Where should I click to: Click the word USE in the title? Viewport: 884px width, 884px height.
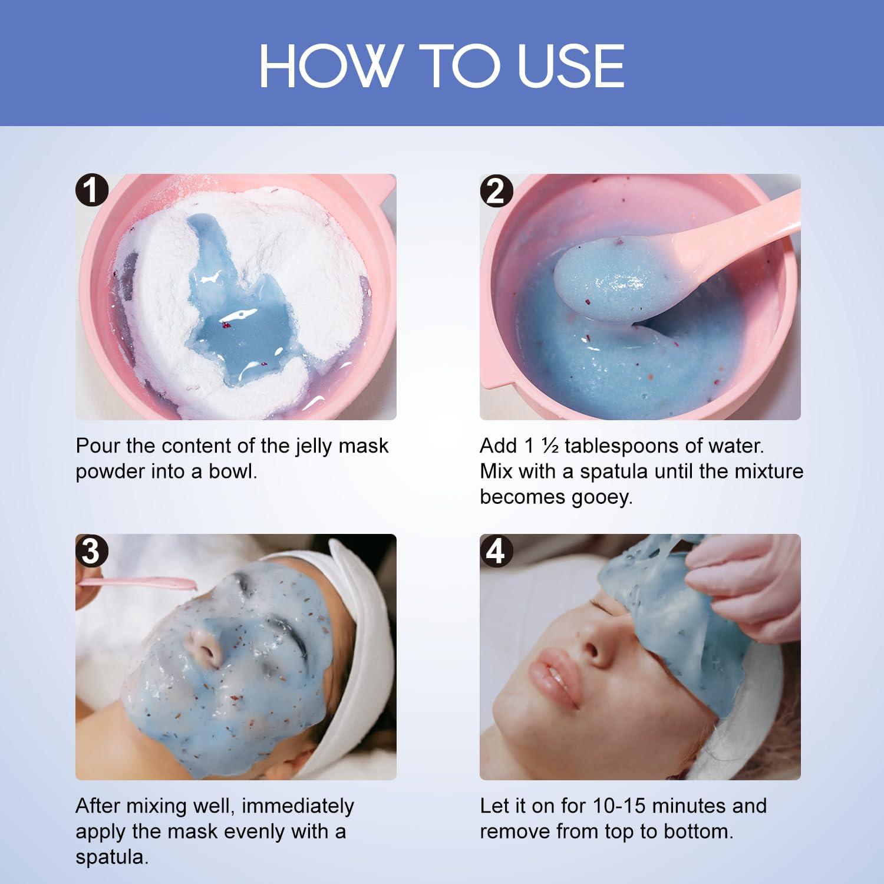(570, 66)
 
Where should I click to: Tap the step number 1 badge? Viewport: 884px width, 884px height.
(91, 191)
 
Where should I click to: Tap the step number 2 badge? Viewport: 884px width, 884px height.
(496, 191)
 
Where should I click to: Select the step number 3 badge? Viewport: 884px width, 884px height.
(91, 551)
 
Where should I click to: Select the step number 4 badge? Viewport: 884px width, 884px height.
(496, 551)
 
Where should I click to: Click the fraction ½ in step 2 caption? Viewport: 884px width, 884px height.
(550, 446)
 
